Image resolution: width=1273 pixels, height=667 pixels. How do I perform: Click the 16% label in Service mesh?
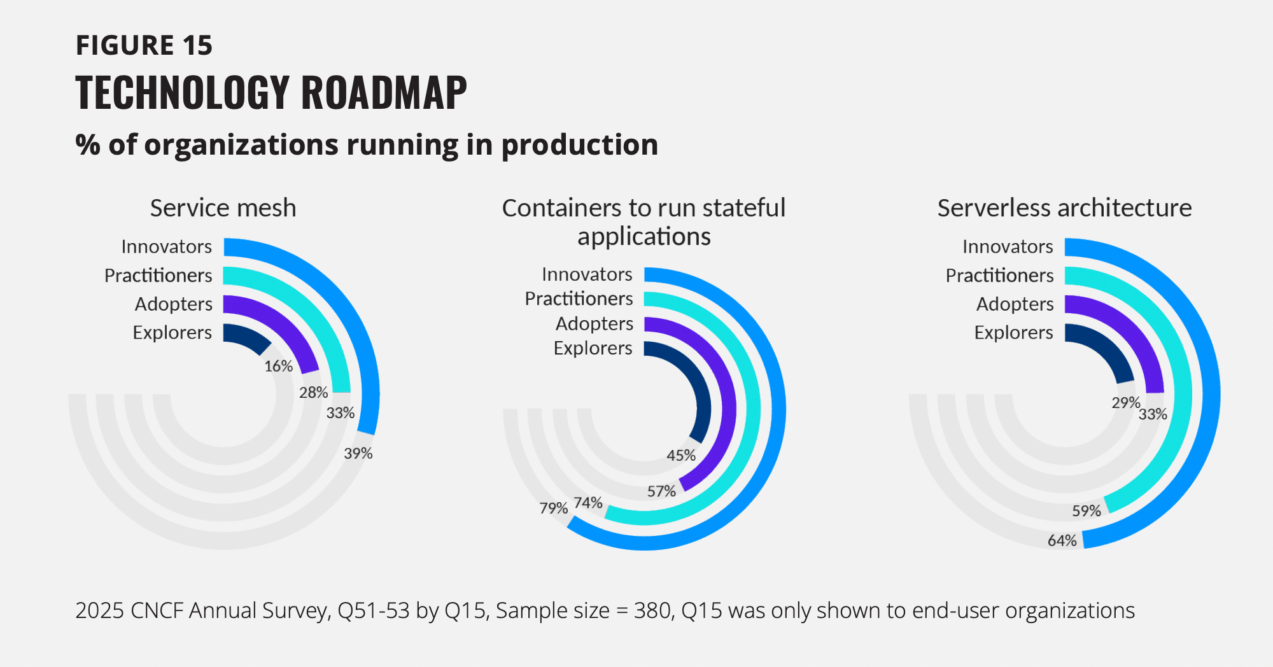pyautogui.click(x=278, y=366)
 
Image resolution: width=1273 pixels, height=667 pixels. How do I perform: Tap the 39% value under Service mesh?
pyautogui.click(x=358, y=453)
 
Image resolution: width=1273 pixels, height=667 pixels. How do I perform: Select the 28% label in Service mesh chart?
pyautogui.click(x=313, y=392)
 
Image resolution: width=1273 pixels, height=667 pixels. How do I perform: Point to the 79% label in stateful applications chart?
pyautogui.click(x=553, y=508)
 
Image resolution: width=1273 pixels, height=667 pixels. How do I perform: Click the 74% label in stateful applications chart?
pyautogui.click(x=587, y=503)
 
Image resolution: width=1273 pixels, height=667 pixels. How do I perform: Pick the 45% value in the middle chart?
pyautogui.click(x=680, y=455)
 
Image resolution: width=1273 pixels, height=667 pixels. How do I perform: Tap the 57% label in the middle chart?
pyautogui.click(x=661, y=491)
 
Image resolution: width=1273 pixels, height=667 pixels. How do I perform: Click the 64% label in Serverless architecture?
pyautogui.click(x=1062, y=540)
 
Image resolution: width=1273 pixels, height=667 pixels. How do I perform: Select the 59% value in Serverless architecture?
pyautogui.click(x=1086, y=510)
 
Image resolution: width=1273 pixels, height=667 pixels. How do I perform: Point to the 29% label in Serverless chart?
pyautogui.click(x=1125, y=402)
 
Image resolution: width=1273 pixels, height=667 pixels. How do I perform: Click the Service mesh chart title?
pyautogui.click(x=223, y=208)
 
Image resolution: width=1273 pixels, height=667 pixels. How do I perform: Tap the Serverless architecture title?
pyautogui.click(x=1064, y=208)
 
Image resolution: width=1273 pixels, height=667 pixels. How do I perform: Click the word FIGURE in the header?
pyautogui.click(x=125, y=45)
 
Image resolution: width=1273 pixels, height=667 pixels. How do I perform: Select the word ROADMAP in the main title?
pyautogui.click(x=384, y=93)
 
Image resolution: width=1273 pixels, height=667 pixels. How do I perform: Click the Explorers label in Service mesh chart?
pyautogui.click(x=172, y=332)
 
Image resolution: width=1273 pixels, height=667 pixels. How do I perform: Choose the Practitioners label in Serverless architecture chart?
pyautogui.click(x=999, y=275)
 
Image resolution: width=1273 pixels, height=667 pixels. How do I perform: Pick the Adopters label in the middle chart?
pyautogui.click(x=594, y=323)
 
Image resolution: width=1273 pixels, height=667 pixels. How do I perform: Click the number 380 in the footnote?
pyautogui.click(x=654, y=610)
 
